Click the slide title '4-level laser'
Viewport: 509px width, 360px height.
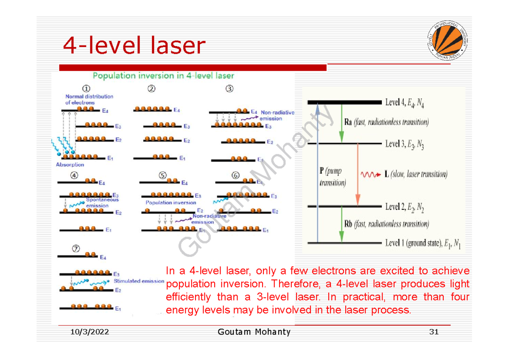tap(134, 46)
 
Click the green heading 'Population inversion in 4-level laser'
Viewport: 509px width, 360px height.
tap(163, 76)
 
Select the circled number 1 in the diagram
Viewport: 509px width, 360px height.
tap(86, 89)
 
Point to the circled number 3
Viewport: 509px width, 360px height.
tap(229, 89)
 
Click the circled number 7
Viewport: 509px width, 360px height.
tap(76, 249)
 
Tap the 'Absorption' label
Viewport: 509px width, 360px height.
tap(70, 165)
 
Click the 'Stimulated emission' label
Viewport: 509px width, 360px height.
tap(139, 281)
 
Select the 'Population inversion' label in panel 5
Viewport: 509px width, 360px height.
tap(171, 203)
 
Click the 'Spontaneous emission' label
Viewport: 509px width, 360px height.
tap(102, 202)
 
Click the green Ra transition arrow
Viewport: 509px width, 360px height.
tap(341, 123)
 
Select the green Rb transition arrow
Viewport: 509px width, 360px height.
tap(341, 225)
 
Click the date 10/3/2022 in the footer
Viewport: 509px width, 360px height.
tap(89, 332)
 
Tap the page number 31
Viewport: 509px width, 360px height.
tap(433, 332)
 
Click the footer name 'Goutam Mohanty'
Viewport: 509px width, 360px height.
tap(254, 332)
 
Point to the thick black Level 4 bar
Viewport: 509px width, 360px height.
tap(345, 102)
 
